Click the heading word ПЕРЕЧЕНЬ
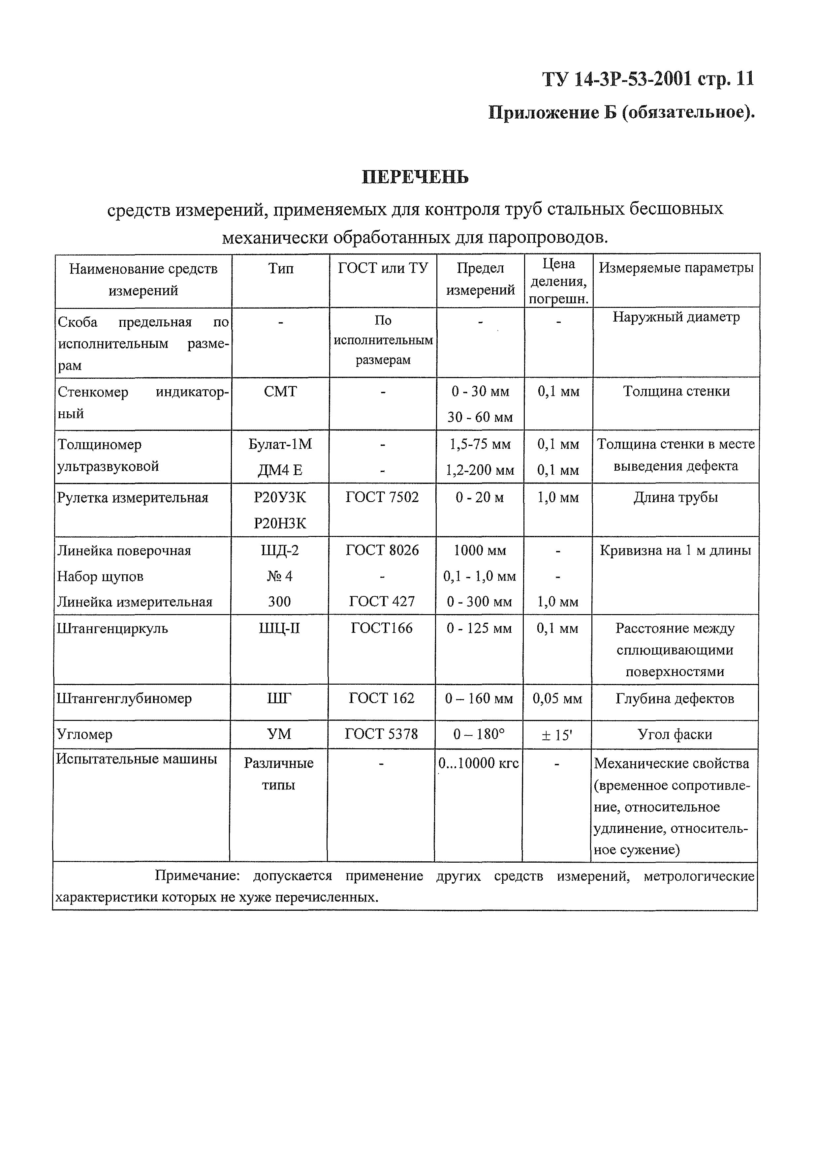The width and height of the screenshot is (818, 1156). click(x=415, y=177)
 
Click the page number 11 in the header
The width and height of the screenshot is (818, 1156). click(x=745, y=79)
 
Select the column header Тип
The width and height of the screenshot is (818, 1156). click(x=281, y=268)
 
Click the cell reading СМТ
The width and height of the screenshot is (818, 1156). click(x=281, y=391)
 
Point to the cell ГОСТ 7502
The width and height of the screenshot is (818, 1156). click(x=382, y=497)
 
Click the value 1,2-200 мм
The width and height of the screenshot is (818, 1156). click(x=480, y=470)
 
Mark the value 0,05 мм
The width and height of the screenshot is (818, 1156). click(x=557, y=698)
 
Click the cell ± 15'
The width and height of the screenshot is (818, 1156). click(x=557, y=735)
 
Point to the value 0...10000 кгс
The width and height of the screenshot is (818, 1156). click(x=479, y=763)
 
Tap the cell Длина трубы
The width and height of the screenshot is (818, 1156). click(x=676, y=497)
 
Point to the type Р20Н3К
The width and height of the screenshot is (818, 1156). click(x=280, y=524)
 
